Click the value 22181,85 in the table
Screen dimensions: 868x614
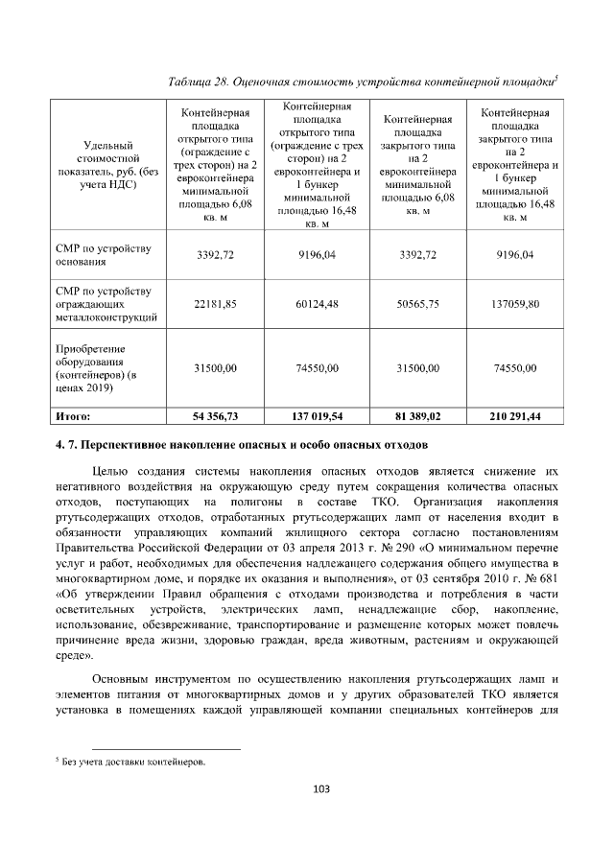pos(215,303)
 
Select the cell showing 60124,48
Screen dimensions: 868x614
pos(317,303)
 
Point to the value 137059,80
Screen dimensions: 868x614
pos(515,303)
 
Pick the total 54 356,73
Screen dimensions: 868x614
pos(215,417)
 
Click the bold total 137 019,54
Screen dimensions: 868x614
pos(317,417)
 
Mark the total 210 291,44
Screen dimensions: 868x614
pos(515,417)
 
